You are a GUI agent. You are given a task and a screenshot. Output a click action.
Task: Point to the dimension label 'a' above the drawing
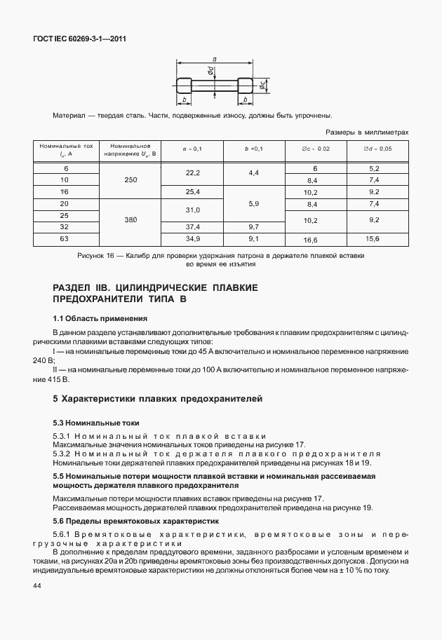point(214,60)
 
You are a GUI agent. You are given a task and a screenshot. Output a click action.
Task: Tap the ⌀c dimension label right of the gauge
point(261,85)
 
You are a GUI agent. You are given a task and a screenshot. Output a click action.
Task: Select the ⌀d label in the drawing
point(210,72)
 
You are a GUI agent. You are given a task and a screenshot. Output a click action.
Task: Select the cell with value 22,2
point(192,172)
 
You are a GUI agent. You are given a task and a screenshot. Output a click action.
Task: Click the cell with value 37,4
point(192,227)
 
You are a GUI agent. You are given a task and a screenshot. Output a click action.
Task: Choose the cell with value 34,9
point(192,240)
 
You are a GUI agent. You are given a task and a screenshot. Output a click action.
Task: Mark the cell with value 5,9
point(253,203)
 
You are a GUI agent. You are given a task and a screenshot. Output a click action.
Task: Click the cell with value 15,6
point(373,240)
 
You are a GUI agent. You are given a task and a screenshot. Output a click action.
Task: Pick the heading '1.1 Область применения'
point(98,318)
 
